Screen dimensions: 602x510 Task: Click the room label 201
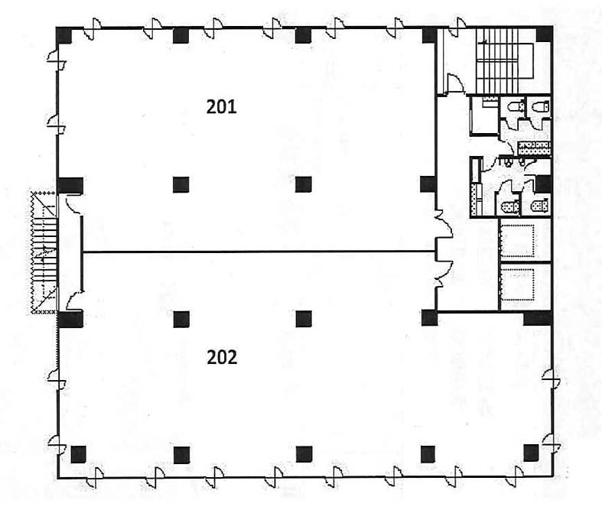point(221,107)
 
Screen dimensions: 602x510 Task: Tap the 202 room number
point(222,357)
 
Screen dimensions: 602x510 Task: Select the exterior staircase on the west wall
point(44,252)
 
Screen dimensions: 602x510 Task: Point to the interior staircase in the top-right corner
point(504,60)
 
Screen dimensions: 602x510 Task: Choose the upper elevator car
point(517,241)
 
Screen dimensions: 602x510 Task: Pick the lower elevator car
point(517,284)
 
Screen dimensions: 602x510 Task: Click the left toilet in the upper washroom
point(514,106)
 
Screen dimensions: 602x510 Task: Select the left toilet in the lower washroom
point(508,207)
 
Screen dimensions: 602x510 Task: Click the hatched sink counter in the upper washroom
point(534,148)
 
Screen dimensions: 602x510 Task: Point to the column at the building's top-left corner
point(63,35)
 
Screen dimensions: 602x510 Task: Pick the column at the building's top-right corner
point(544,34)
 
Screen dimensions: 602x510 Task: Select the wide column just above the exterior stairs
point(70,185)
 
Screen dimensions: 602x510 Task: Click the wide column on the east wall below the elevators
point(538,319)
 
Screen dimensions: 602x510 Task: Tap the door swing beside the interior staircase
point(456,82)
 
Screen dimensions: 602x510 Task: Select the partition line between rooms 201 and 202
point(259,252)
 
